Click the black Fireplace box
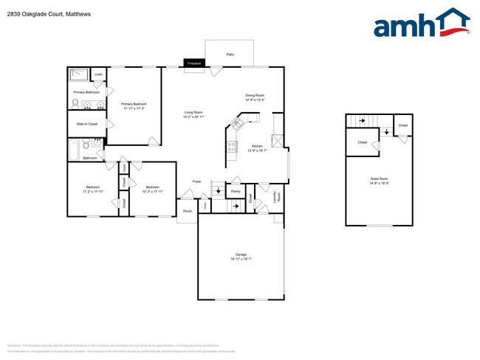(194, 63)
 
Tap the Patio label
(230, 54)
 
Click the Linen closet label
(98, 75)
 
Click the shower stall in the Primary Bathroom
(78, 75)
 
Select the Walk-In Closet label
(87, 124)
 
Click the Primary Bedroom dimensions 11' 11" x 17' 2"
(134, 108)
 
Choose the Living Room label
(193, 112)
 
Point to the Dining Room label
(255, 95)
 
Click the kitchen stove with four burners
(231, 145)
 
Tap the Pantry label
(236, 191)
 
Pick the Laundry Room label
(277, 197)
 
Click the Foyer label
(196, 181)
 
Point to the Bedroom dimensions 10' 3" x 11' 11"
(154, 191)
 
